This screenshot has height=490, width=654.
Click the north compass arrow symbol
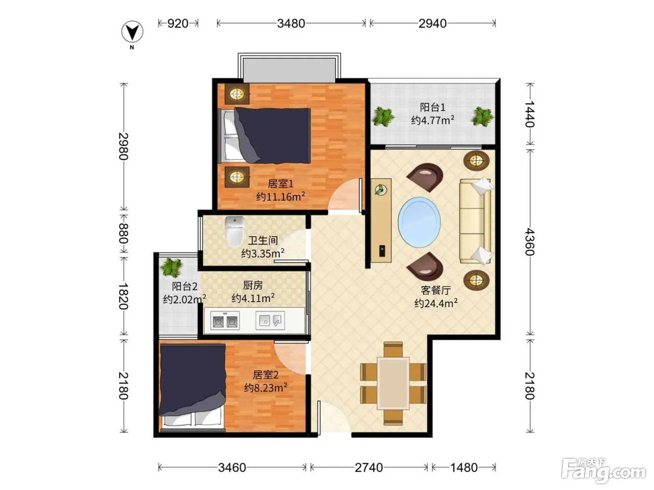(132, 31)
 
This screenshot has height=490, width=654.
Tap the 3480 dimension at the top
(291, 23)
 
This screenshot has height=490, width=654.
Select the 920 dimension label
(178, 23)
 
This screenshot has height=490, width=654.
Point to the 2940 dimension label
(432, 23)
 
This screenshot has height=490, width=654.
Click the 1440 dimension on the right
(529, 114)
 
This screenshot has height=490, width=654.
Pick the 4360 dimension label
(529, 242)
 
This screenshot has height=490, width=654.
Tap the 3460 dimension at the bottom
(232, 468)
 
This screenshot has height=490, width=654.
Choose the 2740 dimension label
(369, 468)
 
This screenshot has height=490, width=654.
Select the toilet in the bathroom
(235, 232)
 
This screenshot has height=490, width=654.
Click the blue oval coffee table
(419, 222)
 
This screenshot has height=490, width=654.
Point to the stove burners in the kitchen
(225, 321)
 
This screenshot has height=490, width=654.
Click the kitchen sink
(270, 321)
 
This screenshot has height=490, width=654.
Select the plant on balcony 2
(171, 267)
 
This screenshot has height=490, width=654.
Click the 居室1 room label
(280, 183)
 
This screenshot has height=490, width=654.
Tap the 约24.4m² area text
(435, 303)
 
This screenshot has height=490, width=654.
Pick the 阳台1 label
(432, 107)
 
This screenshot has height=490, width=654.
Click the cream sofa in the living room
(475, 221)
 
